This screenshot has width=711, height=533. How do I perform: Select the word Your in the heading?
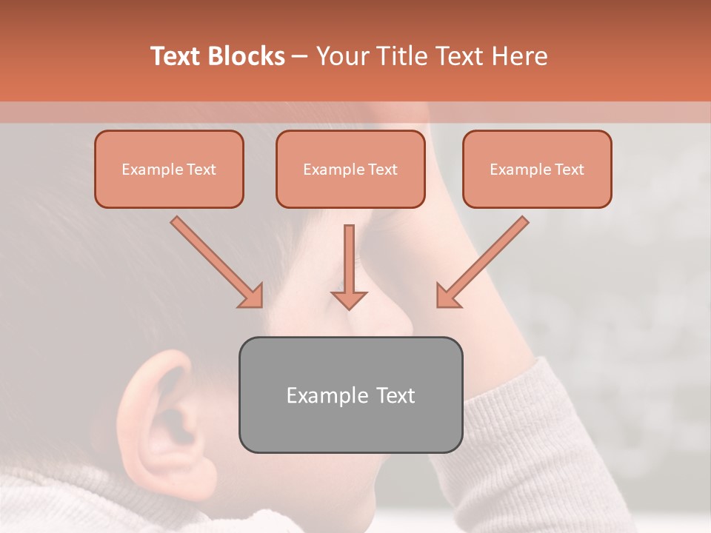pos(342,56)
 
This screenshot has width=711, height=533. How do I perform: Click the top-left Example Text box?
pos(169,170)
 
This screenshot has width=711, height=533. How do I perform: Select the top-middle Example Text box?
pos(350,170)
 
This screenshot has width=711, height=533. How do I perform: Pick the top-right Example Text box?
pos(537,170)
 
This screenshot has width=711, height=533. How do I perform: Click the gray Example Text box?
pos(350,395)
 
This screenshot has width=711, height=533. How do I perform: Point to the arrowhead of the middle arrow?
pos(349,299)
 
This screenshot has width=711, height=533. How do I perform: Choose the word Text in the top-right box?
pos(569,170)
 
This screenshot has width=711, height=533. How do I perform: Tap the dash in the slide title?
pos(300,57)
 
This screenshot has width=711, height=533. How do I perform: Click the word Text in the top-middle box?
pos(382,170)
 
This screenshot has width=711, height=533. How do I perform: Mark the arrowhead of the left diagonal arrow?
pos(252,296)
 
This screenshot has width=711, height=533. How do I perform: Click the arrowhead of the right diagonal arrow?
pos(447,296)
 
